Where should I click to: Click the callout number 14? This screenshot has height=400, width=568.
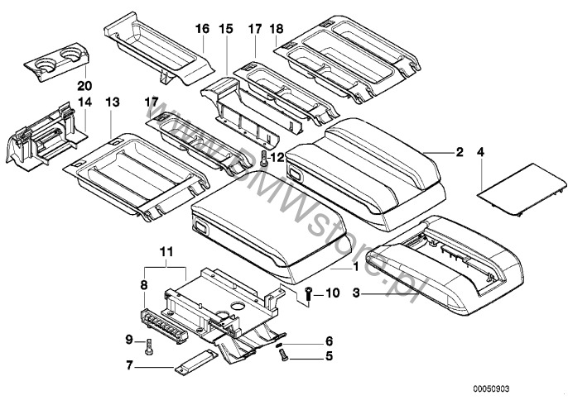tap(83, 101)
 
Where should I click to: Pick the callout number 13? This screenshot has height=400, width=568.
tap(113, 101)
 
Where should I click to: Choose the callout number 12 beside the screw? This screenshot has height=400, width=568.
tap(277, 155)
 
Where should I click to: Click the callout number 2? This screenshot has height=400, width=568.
tap(459, 152)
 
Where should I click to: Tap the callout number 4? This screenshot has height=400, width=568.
tap(481, 152)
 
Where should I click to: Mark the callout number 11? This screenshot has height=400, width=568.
tap(166, 250)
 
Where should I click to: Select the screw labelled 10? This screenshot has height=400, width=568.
tap(307, 292)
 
